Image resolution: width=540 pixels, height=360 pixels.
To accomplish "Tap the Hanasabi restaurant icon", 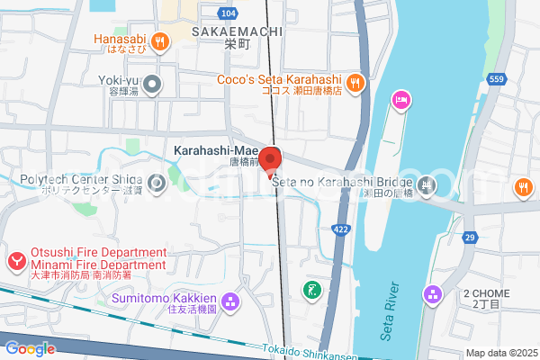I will pyautogui.click(x=160, y=40).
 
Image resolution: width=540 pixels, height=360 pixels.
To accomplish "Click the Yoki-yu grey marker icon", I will pyautogui.click(x=152, y=85).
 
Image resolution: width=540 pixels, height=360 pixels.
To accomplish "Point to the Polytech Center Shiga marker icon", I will pyautogui.click(x=157, y=185).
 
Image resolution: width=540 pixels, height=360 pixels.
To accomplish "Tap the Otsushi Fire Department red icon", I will pyautogui.click(x=16, y=262).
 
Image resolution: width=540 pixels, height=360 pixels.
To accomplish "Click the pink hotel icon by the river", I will pyautogui.click(x=400, y=100).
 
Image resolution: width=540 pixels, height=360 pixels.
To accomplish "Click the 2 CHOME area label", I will pyautogui.click(x=486, y=293).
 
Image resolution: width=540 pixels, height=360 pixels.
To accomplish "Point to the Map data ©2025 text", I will pyautogui.click(x=501, y=353).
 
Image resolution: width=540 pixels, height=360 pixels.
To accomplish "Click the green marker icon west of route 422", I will pyautogui.click(x=311, y=290).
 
